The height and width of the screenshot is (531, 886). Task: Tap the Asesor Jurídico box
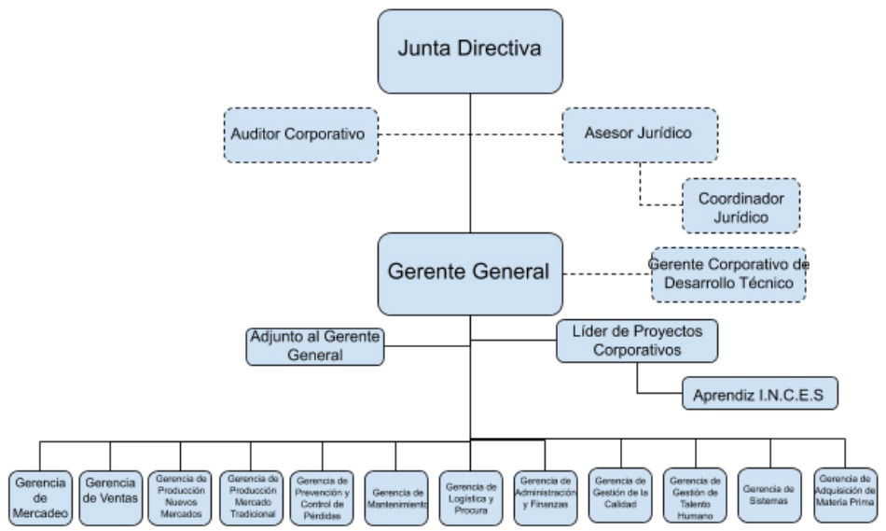point(640,133)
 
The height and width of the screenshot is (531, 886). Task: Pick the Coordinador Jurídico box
point(741,206)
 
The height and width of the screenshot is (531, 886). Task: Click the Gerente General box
point(470,273)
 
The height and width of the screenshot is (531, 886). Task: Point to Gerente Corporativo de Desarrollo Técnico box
point(727,274)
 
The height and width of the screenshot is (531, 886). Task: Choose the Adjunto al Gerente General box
point(315,346)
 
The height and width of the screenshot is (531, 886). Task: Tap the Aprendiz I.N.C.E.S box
point(760,394)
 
